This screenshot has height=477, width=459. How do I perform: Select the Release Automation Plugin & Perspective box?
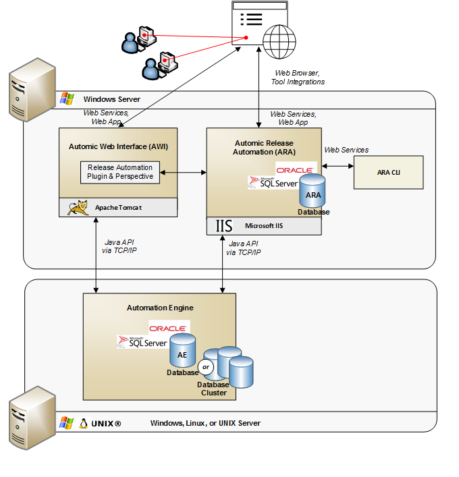point(120,172)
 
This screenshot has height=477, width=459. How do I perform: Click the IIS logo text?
point(223,225)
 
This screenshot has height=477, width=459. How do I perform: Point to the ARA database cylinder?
point(313,192)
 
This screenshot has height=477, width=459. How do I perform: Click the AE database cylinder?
point(182,350)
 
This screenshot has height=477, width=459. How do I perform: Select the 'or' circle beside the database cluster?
point(207,367)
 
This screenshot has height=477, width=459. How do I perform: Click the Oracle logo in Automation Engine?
point(167,328)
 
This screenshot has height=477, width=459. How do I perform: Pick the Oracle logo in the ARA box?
point(294,169)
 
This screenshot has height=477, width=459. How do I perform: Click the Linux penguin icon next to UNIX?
point(84,423)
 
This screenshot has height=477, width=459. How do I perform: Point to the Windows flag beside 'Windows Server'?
point(67,99)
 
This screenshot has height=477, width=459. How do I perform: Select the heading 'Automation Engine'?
point(160,308)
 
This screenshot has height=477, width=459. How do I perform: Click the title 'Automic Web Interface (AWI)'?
point(118,146)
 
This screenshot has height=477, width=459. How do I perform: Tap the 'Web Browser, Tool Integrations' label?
point(298,77)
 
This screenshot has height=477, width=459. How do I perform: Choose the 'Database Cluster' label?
point(213,389)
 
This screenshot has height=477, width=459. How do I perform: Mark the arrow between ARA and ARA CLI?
point(337,165)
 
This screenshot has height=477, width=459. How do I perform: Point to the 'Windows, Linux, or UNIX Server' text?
point(205,423)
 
